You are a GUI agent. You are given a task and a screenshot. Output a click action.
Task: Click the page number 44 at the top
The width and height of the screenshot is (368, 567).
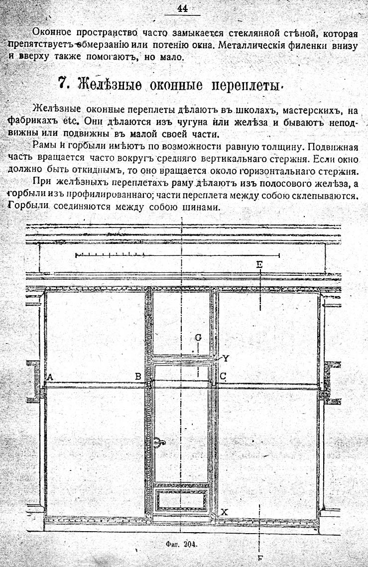point(183,8)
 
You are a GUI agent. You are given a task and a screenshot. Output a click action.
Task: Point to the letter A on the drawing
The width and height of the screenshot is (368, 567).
point(50,377)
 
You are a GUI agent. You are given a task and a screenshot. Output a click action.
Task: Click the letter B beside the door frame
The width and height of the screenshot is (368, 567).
point(138,376)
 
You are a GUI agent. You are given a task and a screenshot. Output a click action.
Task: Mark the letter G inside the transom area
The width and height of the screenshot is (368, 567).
point(198,338)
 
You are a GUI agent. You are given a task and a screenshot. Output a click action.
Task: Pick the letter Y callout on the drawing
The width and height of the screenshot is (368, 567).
point(226,358)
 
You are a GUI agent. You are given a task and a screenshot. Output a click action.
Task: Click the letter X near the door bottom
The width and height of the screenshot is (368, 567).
point(225,512)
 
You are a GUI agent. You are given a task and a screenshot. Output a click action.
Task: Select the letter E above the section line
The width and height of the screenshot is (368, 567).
point(259,264)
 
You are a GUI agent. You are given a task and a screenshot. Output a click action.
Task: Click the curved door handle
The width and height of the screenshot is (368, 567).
point(159,442)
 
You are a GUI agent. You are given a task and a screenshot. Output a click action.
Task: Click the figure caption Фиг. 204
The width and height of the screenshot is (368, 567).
point(180,544)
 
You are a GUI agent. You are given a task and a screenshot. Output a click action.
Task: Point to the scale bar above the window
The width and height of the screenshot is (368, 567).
point(178,255)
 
